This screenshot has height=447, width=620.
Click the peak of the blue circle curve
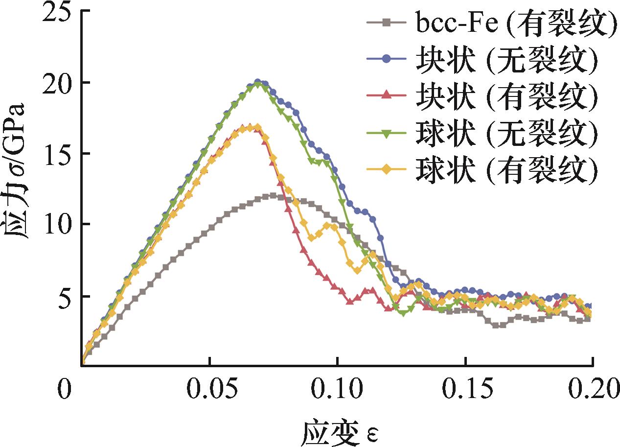pyautogui.click(x=257, y=82)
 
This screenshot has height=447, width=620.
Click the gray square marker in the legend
pyautogui.click(x=387, y=23)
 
